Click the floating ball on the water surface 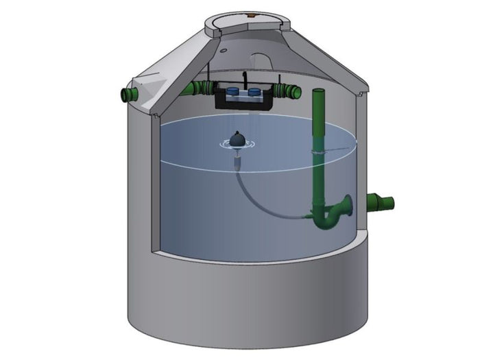click(237, 140)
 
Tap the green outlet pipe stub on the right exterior click(381, 202)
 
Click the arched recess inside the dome click(263, 61)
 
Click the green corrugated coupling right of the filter click(287, 91)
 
